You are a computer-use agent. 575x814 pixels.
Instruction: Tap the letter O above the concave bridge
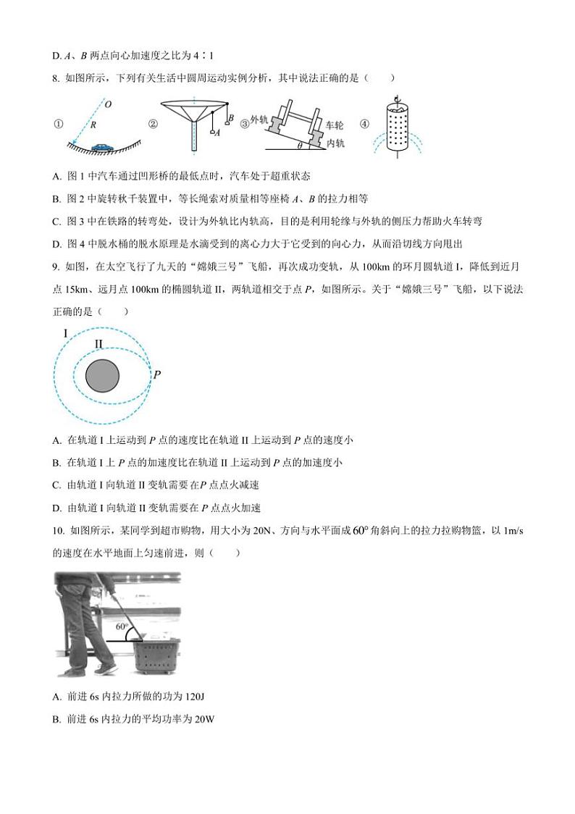[108, 105]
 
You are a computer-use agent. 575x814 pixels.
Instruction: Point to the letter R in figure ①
[94, 125]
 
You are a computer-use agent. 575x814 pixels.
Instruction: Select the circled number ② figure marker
[153, 124]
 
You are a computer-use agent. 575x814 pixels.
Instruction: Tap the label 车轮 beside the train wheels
[334, 125]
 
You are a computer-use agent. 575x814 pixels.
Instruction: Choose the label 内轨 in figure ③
[335, 143]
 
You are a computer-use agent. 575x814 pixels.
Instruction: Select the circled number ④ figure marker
[364, 124]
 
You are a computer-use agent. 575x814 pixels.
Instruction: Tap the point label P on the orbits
[157, 374]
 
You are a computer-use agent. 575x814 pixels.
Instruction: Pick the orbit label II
[98, 344]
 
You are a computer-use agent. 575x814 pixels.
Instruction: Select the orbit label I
[66, 333]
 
